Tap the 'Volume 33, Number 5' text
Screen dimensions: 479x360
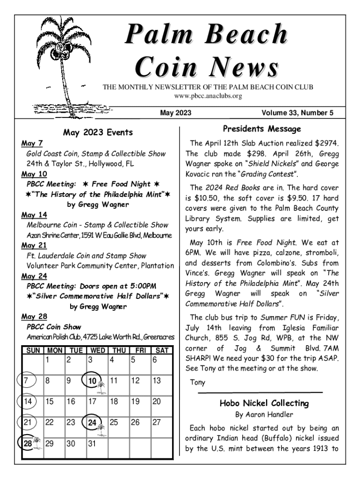(x=297, y=112)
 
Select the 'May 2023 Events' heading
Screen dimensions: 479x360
(x=98, y=132)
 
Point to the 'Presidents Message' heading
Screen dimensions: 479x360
(x=262, y=129)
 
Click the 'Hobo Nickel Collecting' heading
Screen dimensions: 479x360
(x=264, y=403)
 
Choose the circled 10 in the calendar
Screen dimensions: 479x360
(x=92, y=381)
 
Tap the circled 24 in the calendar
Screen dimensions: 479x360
(x=92, y=423)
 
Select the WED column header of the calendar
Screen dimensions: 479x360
(x=97, y=350)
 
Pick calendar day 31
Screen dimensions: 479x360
(x=92, y=443)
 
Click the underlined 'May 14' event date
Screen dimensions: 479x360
(x=34, y=215)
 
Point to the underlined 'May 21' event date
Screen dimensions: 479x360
(x=34, y=246)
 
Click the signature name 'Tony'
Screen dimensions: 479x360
(x=198, y=382)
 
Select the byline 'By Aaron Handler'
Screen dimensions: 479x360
(x=264, y=414)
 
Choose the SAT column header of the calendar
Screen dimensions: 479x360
(x=162, y=350)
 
